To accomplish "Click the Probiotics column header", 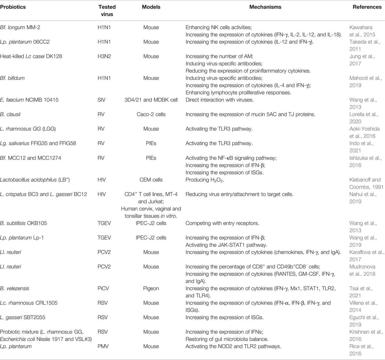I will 13,7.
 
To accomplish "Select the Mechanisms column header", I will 265,7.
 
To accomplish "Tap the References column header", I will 367,7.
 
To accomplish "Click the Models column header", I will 151,7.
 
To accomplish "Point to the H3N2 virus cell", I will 104,56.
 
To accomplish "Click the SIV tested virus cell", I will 101,100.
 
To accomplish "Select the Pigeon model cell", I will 151,288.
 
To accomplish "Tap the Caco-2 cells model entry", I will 151,114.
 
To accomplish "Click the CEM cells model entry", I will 151,180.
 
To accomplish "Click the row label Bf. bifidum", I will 12,78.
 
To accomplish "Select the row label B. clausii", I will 11,114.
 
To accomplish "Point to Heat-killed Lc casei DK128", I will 31,56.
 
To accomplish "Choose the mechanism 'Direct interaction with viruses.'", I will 219,100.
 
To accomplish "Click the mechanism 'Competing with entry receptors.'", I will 222,223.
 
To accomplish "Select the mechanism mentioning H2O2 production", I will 205,180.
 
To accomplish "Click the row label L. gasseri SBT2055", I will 23,317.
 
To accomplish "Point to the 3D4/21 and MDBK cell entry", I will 151,100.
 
